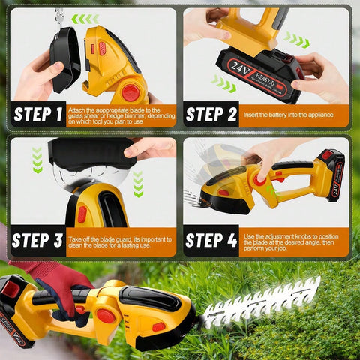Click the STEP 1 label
[x=38, y=115]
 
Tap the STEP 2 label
[x=211, y=115]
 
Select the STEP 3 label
[x=38, y=241]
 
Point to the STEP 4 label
[x=211, y=241]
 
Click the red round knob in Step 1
[x=130, y=92]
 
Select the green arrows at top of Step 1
[x=85, y=19]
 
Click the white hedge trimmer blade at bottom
[x=262, y=304]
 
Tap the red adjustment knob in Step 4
[x=260, y=180]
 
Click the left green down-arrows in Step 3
[x=37, y=159]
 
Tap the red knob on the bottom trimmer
[x=106, y=316]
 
